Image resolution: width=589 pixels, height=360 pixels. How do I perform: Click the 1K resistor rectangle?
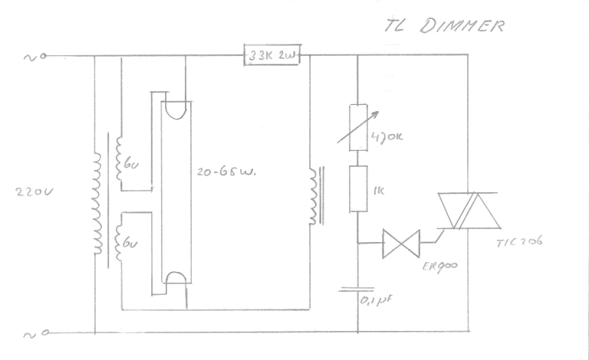click(358, 188)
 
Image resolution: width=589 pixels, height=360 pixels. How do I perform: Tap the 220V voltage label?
click(34, 193)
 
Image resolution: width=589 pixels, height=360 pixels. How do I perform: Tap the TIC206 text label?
click(519, 242)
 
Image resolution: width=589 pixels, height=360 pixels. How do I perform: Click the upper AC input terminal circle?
click(44, 56)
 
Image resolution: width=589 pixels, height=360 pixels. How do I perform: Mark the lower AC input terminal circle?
click(44, 333)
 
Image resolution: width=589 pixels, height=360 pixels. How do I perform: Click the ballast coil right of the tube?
click(314, 197)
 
